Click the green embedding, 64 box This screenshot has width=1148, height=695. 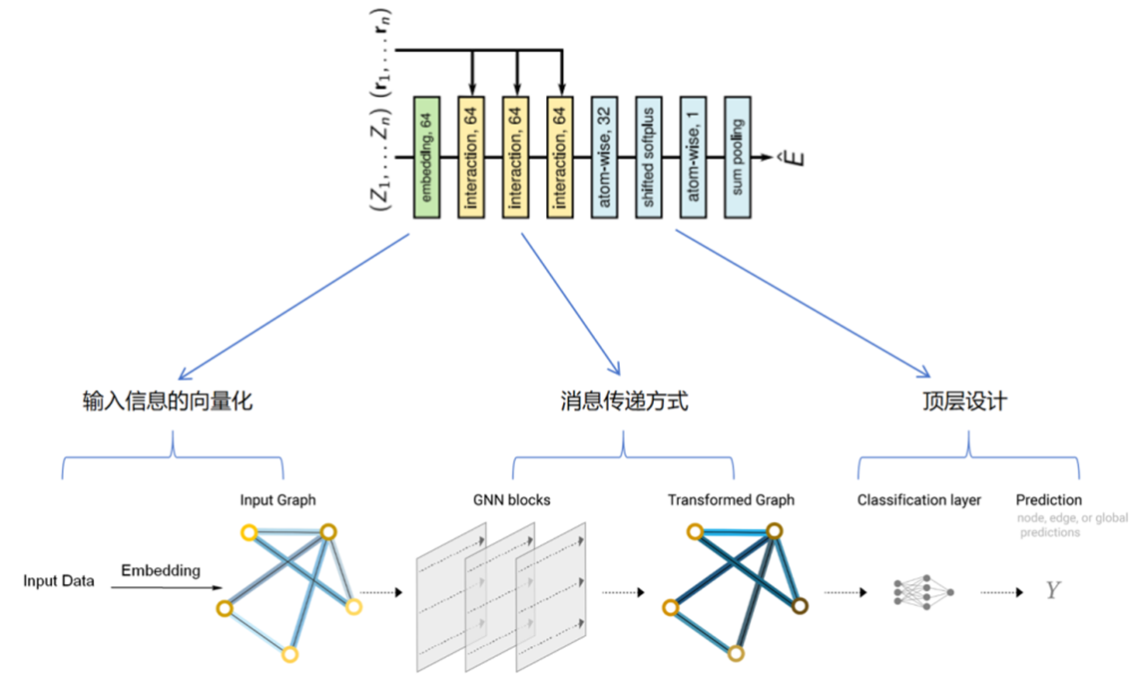427,157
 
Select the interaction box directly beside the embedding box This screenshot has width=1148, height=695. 472,157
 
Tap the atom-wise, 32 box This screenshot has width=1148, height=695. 604,157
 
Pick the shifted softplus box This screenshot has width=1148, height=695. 648,157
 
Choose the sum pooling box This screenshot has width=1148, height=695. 737,157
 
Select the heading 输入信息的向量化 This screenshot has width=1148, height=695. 168,402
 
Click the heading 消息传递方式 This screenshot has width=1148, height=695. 624,402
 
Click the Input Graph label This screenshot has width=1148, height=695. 277,499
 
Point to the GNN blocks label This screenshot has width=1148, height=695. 511,499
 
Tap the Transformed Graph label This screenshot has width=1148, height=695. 731,499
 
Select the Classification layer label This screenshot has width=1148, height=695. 919,499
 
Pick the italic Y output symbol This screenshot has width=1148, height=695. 1052,591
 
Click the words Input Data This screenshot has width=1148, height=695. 59,581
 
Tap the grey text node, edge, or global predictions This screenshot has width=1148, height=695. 1048,525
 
